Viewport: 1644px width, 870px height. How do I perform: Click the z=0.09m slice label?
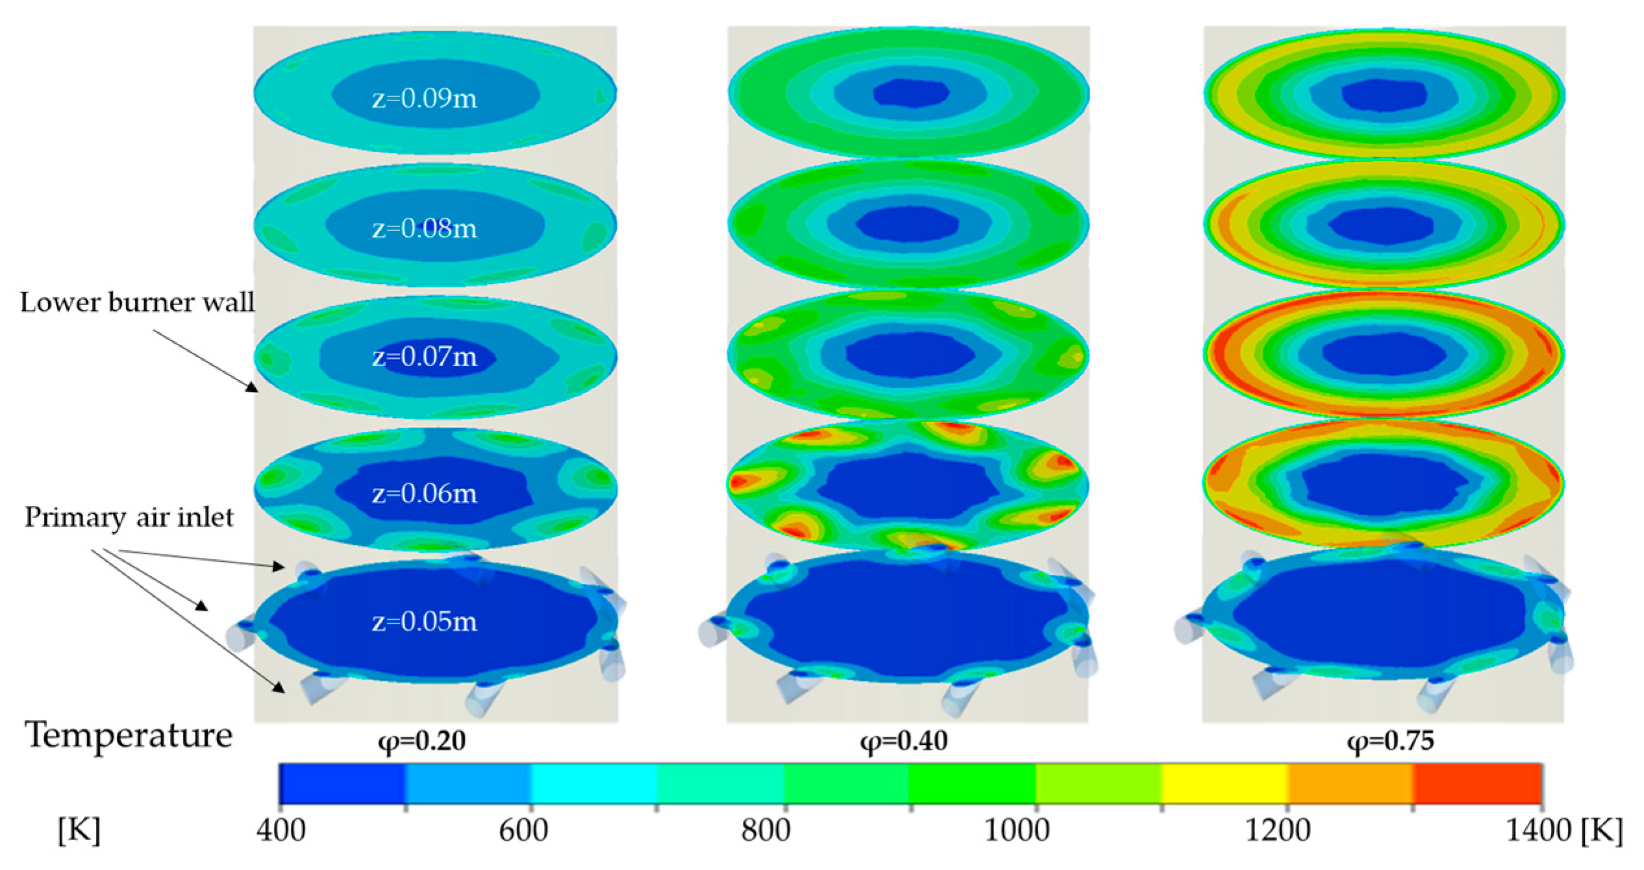click(424, 99)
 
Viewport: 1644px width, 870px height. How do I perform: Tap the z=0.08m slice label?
click(424, 228)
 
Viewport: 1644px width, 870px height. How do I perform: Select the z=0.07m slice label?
click(424, 357)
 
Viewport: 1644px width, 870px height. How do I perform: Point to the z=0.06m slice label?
click(424, 494)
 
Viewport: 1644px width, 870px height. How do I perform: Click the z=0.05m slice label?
click(424, 622)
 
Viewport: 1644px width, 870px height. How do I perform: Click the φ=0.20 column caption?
click(422, 741)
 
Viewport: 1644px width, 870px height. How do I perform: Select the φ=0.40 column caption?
click(904, 741)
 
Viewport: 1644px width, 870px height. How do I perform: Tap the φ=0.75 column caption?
click(1391, 741)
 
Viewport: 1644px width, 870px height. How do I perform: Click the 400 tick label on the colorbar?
click(280, 830)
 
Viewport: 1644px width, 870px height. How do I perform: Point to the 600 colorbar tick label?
click(523, 830)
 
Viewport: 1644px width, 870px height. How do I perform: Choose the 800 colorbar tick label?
click(766, 830)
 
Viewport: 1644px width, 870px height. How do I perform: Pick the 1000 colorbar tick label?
click(1017, 830)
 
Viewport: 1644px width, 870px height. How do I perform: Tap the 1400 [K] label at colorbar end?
click(1563, 830)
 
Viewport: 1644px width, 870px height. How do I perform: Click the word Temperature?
click(129, 736)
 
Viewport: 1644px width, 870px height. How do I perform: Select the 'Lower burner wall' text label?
click(137, 303)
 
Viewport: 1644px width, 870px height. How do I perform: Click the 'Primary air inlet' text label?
click(129, 518)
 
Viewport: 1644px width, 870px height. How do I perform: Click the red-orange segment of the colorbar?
click(1478, 784)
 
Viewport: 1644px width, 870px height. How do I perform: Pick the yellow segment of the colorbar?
click(1225, 784)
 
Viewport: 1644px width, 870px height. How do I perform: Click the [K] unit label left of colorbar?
click(79, 830)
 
